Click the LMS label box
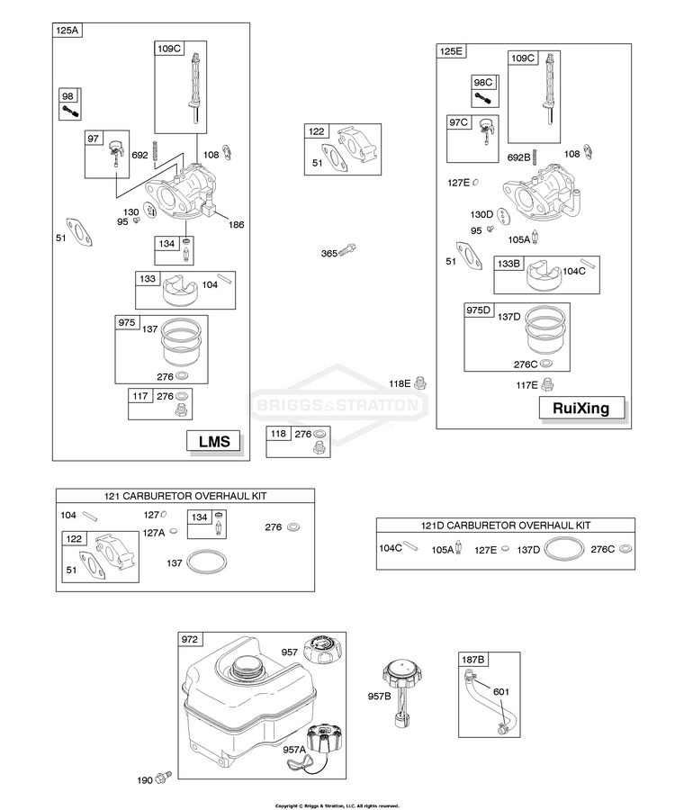[x=214, y=442]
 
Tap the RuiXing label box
[x=581, y=408]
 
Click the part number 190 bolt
[x=165, y=776]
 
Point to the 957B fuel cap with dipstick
[x=401, y=693]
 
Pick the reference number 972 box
[x=190, y=640]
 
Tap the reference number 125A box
[x=67, y=30]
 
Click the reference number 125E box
[x=451, y=51]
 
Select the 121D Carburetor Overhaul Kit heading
[x=506, y=526]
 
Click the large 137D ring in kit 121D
[x=564, y=549]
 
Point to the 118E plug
[x=420, y=382]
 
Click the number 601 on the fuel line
[x=501, y=692]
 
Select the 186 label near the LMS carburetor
[x=236, y=225]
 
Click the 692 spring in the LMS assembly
[x=155, y=155]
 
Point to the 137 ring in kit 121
[x=206, y=562]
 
